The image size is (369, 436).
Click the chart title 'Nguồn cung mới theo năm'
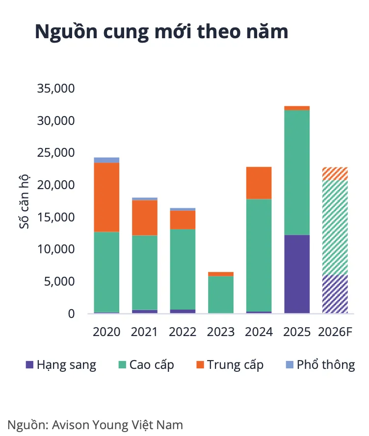(x=161, y=32)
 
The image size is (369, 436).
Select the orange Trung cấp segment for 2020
(x=106, y=197)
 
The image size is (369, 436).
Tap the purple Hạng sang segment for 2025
(x=297, y=274)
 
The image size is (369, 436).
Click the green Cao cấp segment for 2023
(x=221, y=294)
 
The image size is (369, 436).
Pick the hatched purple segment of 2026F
(x=335, y=294)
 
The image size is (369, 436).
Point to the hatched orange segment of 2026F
(x=335, y=173)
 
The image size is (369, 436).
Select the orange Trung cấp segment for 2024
(x=259, y=183)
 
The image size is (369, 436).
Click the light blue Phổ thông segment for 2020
(x=106, y=160)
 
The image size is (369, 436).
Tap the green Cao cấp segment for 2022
(x=183, y=269)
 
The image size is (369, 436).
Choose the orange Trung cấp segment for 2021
(x=145, y=218)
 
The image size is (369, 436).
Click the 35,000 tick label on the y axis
(x=56, y=88)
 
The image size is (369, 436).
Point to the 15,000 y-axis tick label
(x=56, y=217)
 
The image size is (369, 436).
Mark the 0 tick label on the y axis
(x=71, y=314)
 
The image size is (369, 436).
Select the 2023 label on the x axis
(x=221, y=332)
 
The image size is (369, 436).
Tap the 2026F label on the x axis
(x=335, y=332)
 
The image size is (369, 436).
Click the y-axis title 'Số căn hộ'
(x=24, y=201)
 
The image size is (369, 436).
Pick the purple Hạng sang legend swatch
(x=29, y=364)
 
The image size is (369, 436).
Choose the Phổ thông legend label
(x=326, y=365)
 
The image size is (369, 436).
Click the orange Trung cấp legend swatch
(x=200, y=364)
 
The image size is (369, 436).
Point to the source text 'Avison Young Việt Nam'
(x=118, y=425)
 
